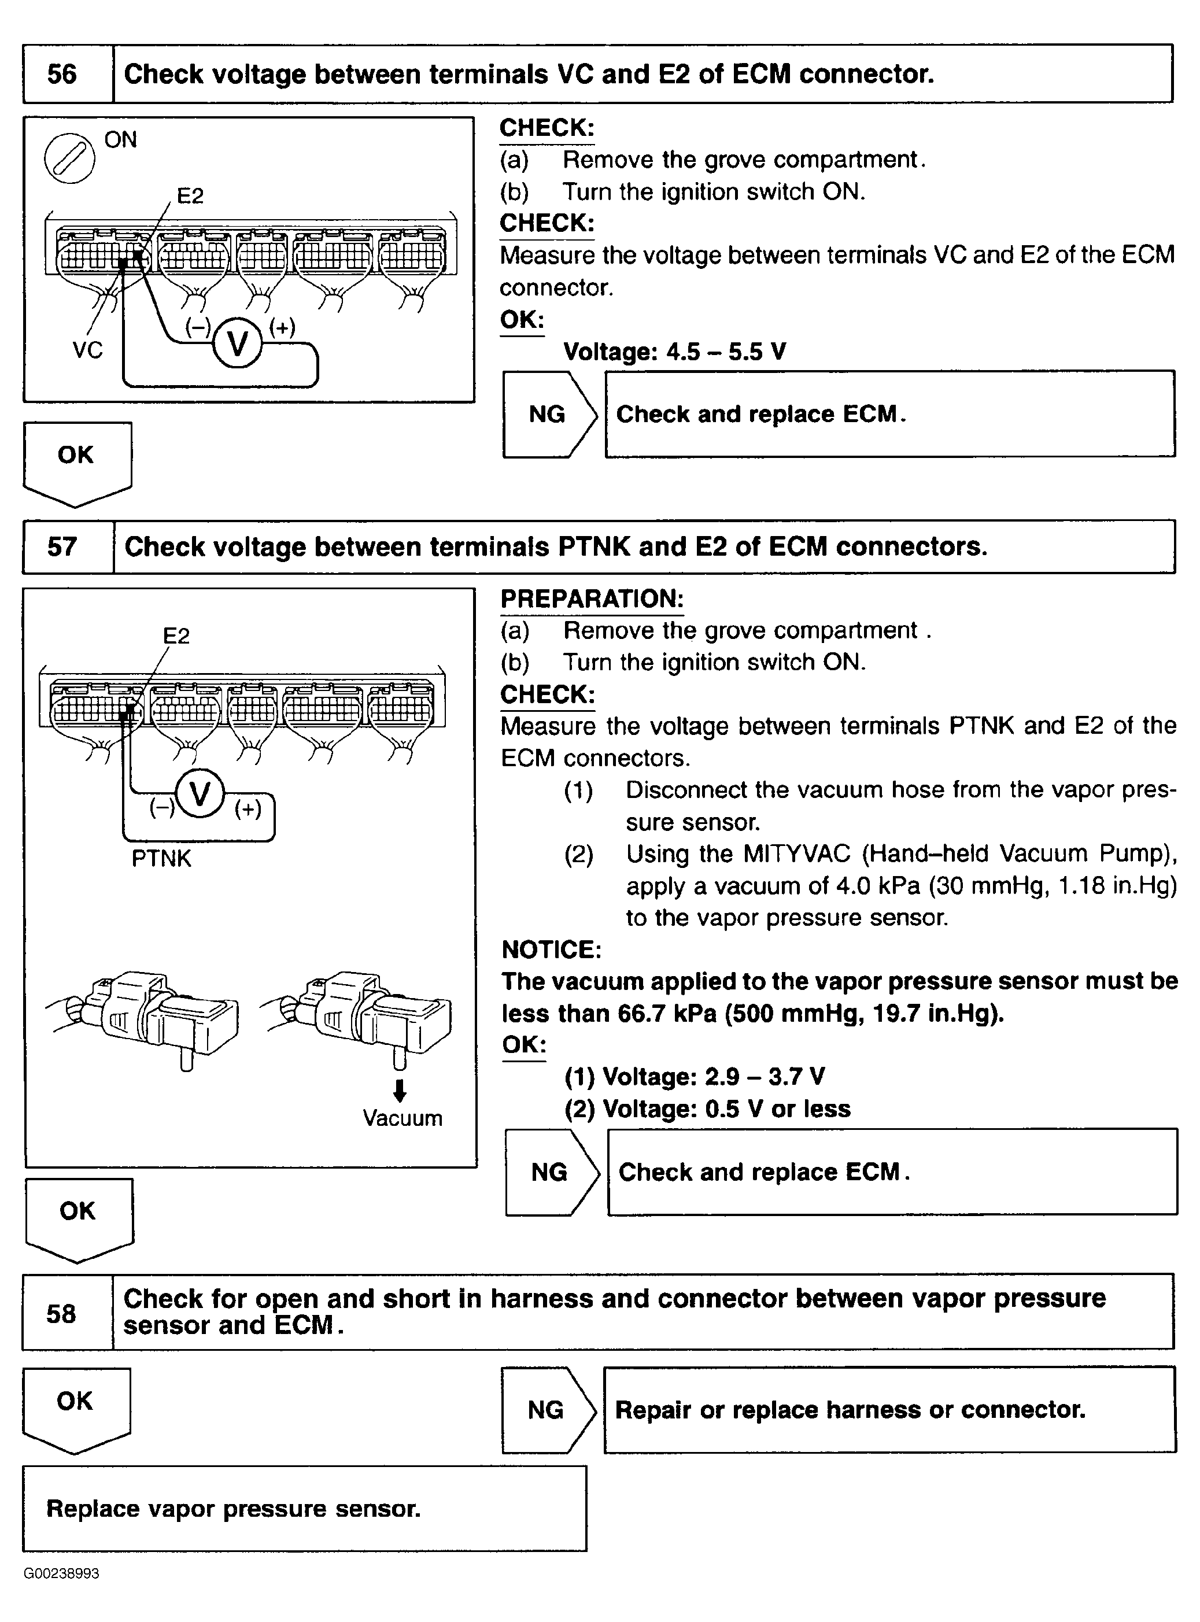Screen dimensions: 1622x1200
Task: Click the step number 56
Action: coord(62,74)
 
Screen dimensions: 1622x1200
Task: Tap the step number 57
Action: coord(62,546)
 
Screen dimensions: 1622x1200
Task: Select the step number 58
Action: coord(61,1313)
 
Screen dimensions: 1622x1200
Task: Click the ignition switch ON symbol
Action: coord(69,158)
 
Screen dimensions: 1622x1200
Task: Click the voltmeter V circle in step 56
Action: coord(238,343)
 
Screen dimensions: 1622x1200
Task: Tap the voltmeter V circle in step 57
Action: coord(200,793)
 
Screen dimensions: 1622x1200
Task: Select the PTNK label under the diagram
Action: coord(161,859)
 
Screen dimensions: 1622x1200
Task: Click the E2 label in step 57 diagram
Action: coord(176,636)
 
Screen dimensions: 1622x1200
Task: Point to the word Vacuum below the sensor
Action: coord(403,1118)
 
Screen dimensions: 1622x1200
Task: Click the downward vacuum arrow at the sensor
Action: coord(399,1089)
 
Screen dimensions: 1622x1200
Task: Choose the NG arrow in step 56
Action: coord(548,414)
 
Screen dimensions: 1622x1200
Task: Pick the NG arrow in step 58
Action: coord(547,1410)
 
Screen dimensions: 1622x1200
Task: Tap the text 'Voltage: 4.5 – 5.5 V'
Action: coord(675,352)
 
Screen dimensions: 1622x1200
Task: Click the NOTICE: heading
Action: coord(551,949)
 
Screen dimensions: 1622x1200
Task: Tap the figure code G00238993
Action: coord(62,1573)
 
